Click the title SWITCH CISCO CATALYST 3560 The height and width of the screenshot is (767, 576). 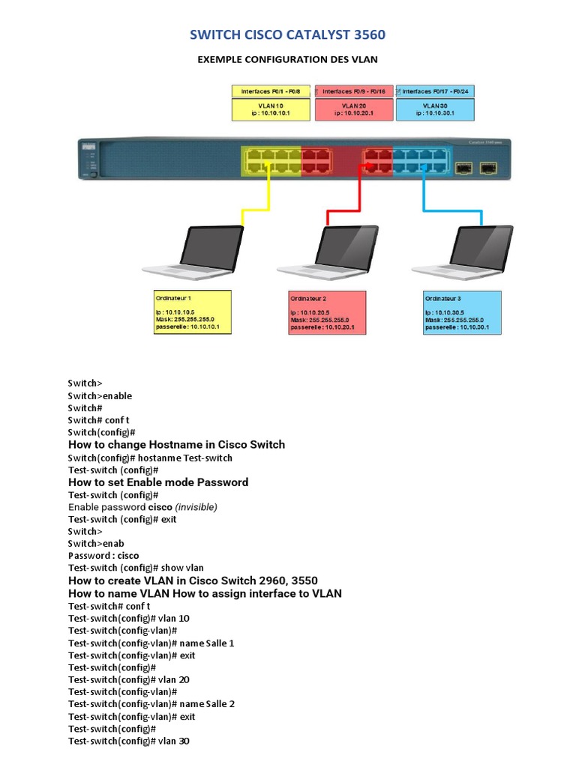pyautogui.click(x=288, y=34)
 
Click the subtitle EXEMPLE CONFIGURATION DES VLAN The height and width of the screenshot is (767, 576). pyautogui.click(x=288, y=60)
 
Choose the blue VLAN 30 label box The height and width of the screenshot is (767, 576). pyautogui.click(x=434, y=110)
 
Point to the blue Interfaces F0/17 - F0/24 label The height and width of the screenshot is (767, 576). pyautogui.click(x=434, y=91)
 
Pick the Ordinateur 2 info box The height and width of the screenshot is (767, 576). pyautogui.click(x=328, y=312)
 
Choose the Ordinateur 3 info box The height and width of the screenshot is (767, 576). pyautogui.click(x=462, y=312)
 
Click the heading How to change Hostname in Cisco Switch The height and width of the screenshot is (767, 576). pyautogui.click(x=176, y=445)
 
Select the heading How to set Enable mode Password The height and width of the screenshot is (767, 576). pyautogui.click(x=157, y=482)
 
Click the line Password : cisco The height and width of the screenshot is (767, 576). pyautogui.click(x=103, y=556)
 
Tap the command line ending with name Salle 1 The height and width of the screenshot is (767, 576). pyautogui.click(x=151, y=643)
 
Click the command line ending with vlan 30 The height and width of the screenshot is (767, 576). pyautogui.click(x=128, y=741)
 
